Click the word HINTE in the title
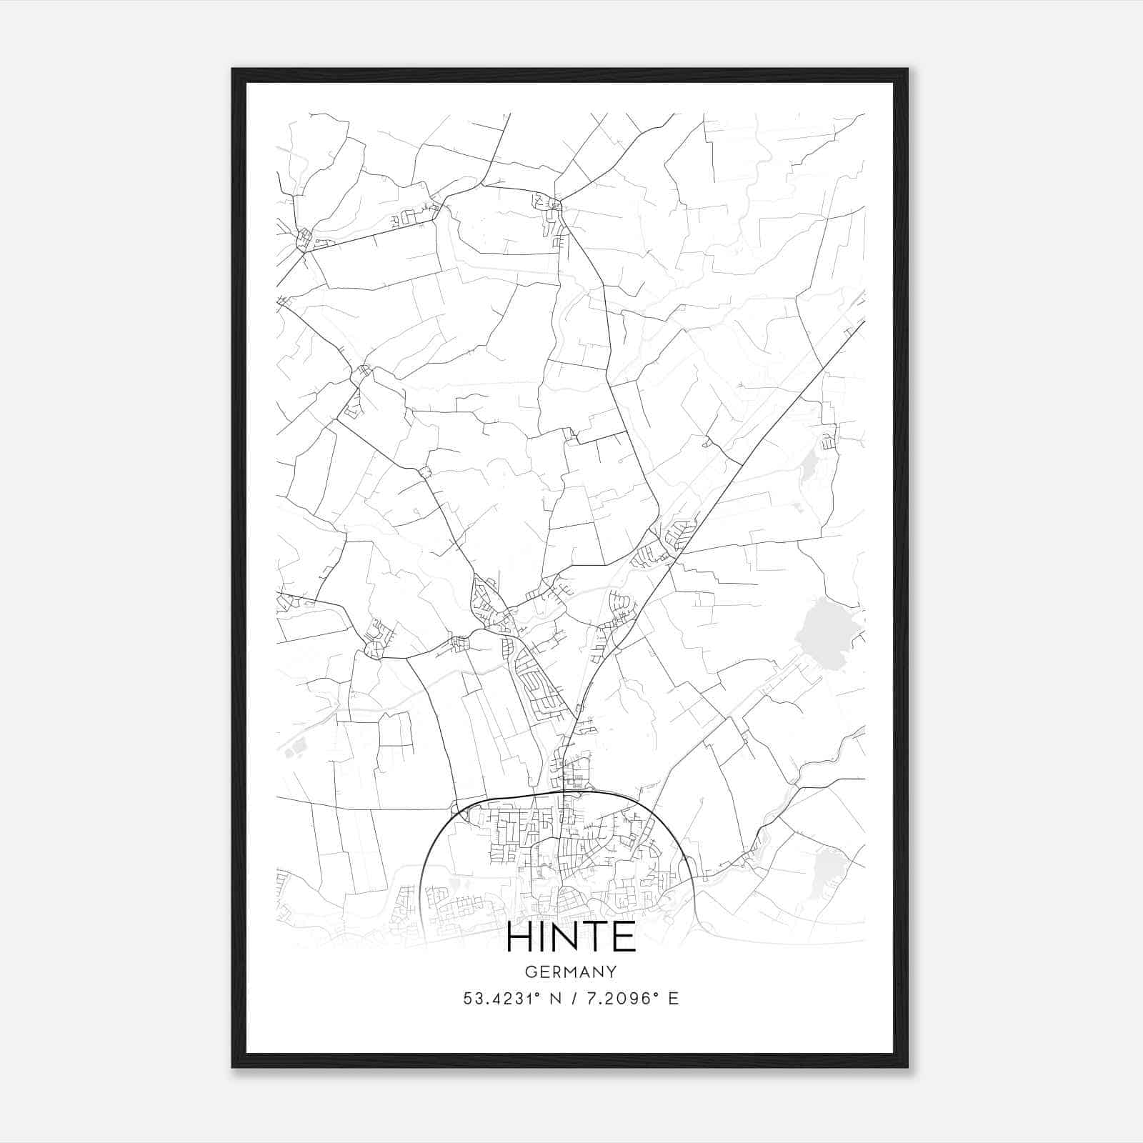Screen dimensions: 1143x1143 (x=571, y=938)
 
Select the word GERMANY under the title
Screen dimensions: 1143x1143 (x=571, y=972)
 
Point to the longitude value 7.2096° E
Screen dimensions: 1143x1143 (x=632, y=999)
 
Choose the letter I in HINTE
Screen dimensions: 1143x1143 (x=540, y=938)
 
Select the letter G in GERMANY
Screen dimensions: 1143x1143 (x=529, y=972)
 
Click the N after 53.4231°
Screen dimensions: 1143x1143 (x=554, y=999)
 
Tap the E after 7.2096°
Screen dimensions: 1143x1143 (x=673, y=999)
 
